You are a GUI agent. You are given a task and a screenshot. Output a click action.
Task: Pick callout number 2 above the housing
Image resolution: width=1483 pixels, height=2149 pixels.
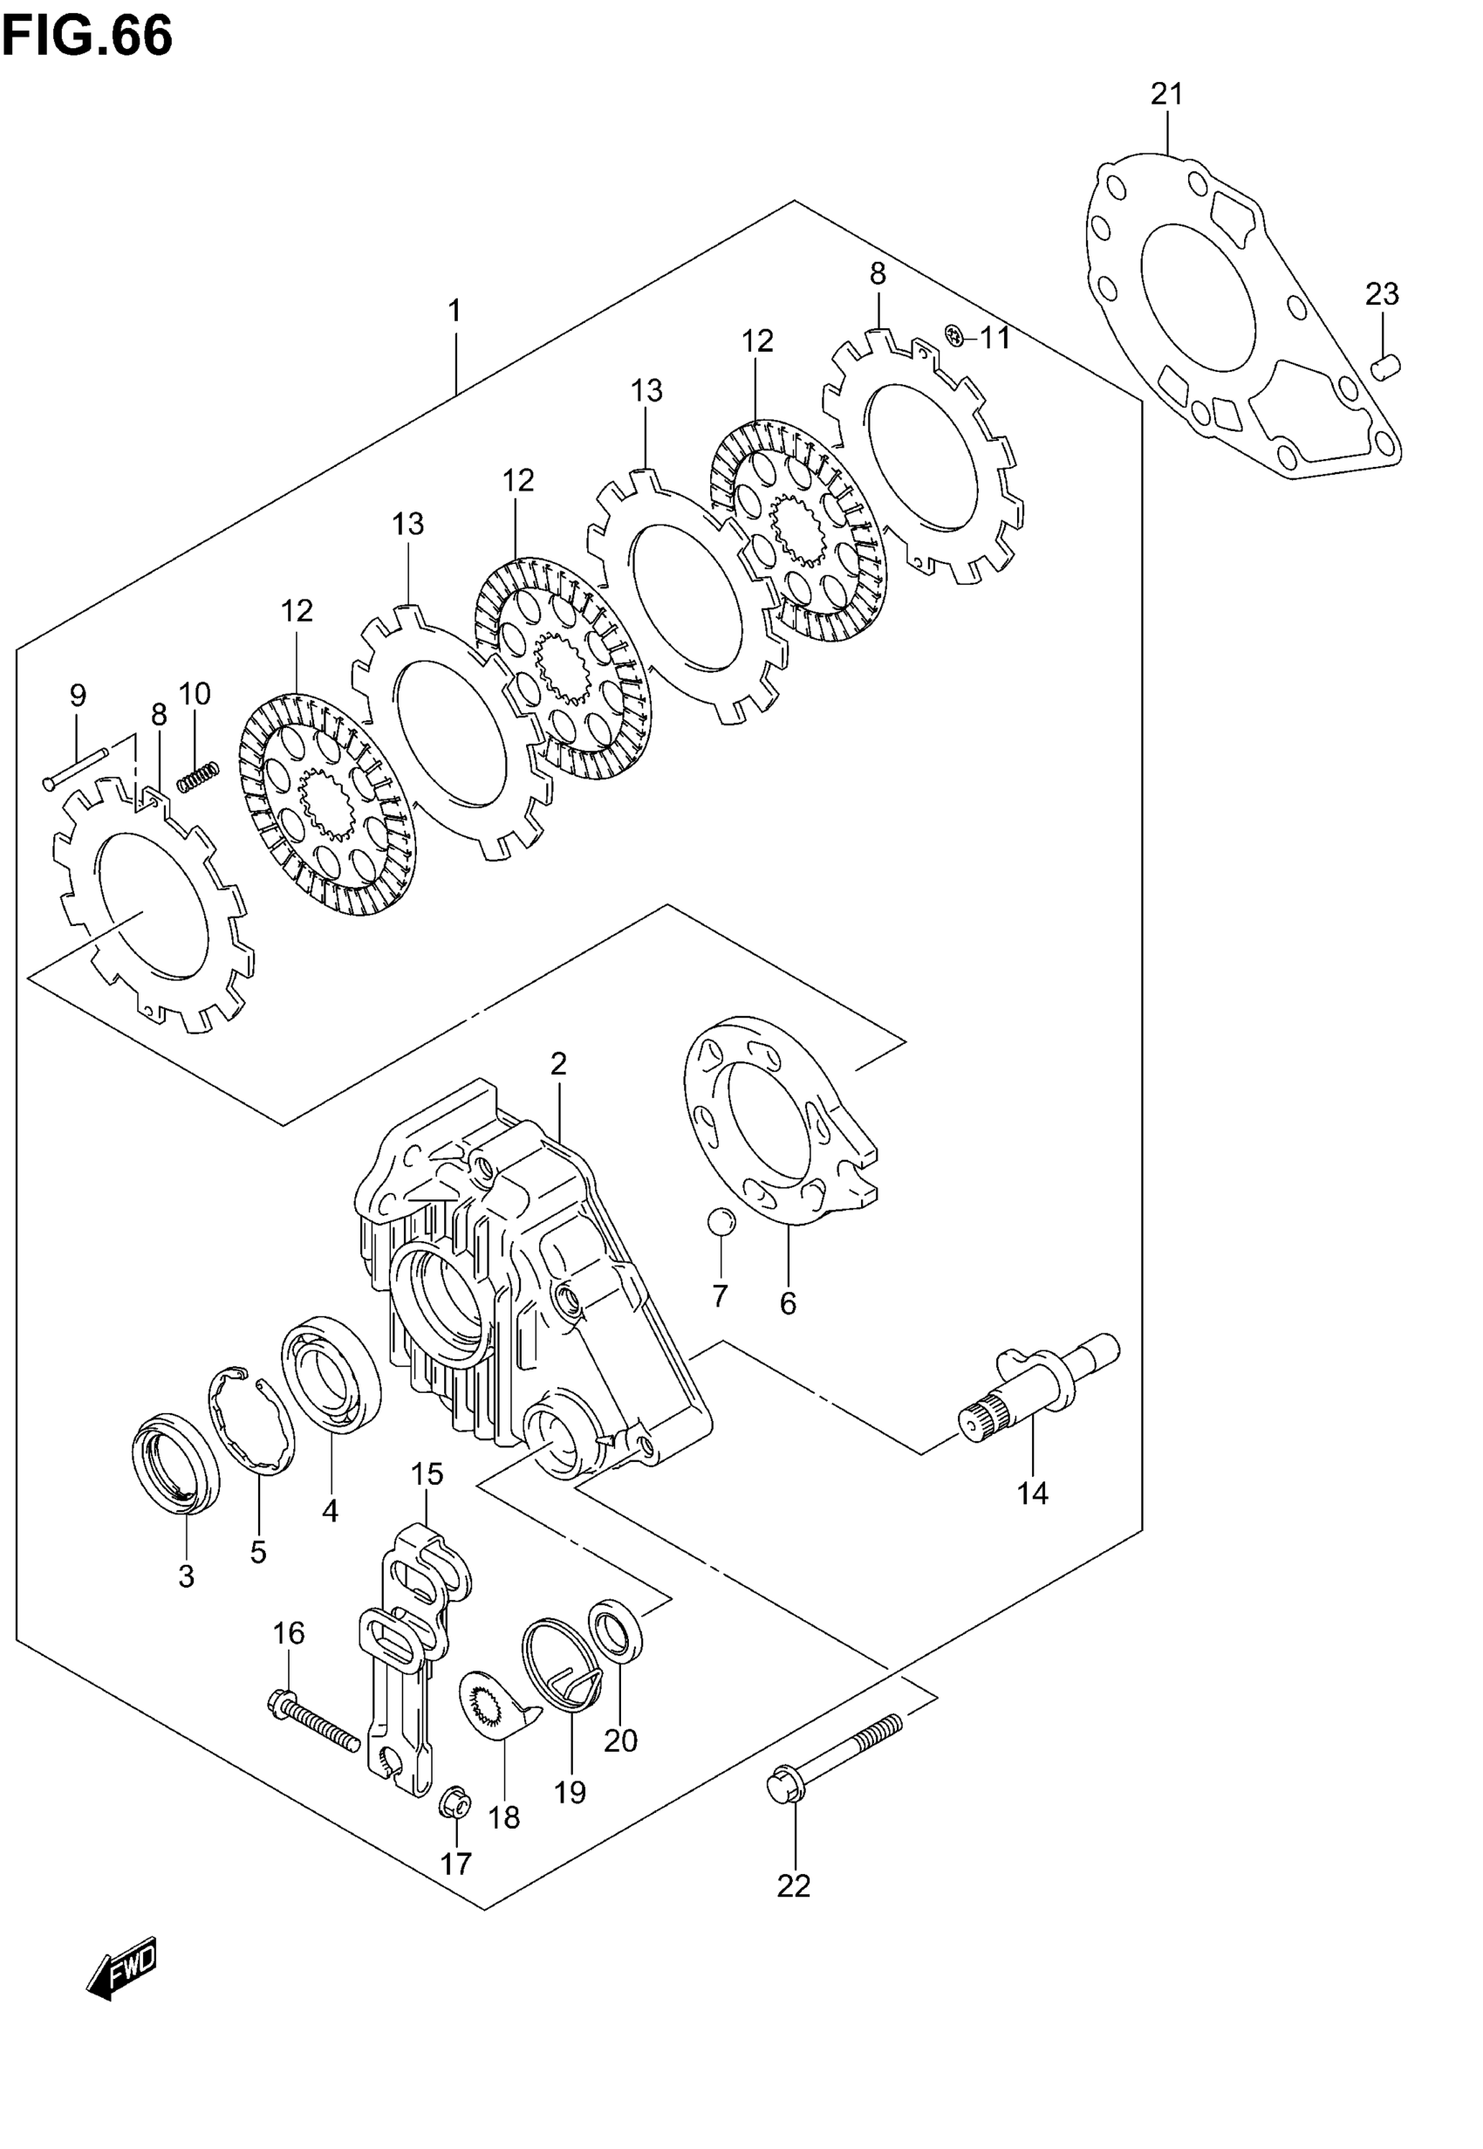point(557,1063)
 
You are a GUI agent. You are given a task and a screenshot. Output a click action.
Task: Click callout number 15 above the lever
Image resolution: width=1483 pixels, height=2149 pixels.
point(427,1473)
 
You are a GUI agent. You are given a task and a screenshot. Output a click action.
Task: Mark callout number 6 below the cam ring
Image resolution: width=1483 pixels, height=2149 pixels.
point(788,1303)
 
